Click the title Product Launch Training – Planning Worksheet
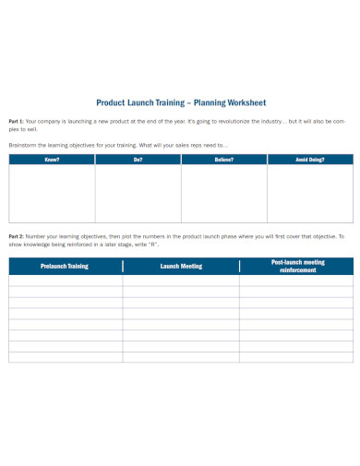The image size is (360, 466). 180,103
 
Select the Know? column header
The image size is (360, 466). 52,160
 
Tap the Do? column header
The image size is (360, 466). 138,160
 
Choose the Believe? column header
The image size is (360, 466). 223,160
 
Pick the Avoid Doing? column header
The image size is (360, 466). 309,160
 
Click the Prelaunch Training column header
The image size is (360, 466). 65,266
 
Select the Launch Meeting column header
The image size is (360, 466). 180,266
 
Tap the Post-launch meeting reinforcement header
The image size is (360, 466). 295,266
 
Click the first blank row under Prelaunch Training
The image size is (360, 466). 65,280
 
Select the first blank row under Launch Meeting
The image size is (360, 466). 180,280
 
